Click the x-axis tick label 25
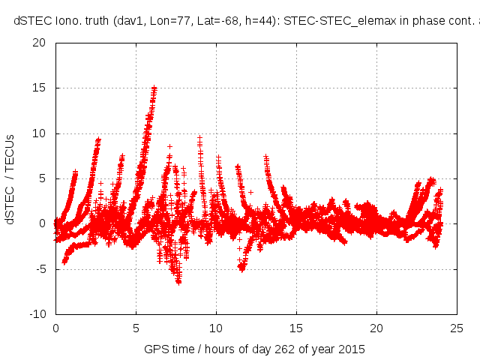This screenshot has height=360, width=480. pyautogui.click(x=457, y=328)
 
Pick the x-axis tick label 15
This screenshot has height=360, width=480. pyautogui.click(x=297, y=328)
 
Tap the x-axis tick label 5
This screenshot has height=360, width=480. pyautogui.click(x=136, y=328)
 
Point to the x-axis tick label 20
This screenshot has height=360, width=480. pyautogui.click(x=377, y=328)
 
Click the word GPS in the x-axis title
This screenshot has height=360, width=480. pyautogui.click(x=155, y=349)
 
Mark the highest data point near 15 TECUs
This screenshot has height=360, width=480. pyautogui.click(x=154, y=88)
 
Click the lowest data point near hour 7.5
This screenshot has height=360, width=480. pyautogui.click(x=178, y=282)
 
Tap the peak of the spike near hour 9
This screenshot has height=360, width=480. pyautogui.click(x=199, y=138)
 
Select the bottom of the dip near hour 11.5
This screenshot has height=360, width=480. pyautogui.click(x=241, y=268)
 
